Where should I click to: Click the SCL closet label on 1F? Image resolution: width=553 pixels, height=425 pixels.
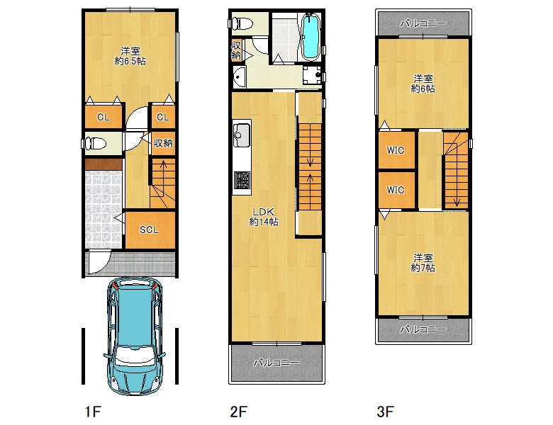pos(149,229)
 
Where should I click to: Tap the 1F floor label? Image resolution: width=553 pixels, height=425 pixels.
pos(93,412)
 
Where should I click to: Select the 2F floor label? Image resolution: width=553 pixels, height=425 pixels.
pos(238,412)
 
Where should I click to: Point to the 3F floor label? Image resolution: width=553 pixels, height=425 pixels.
pos(385,412)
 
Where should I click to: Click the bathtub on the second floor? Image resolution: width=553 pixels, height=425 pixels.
pos(311,37)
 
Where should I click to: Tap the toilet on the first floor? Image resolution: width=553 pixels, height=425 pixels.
pos(94,144)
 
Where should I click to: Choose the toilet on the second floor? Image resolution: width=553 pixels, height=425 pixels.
pos(241,24)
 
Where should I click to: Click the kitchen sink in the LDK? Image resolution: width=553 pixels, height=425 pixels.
pos(242,135)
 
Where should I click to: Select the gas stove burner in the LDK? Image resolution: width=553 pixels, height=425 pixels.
pos(242,180)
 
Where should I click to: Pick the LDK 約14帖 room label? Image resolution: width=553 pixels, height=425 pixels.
pos(264,217)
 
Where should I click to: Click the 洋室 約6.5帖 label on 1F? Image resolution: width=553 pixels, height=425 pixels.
pos(130,56)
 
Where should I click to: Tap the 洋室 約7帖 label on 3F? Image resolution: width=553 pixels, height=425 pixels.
pos(423,263)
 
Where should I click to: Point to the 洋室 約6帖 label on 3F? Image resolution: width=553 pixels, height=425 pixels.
pos(423,84)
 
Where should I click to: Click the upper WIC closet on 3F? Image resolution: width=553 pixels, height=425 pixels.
pos(396,150)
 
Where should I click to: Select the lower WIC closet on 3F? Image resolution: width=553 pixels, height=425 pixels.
pos(396,190)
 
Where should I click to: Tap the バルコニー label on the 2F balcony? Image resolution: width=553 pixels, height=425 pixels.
pos(276,362)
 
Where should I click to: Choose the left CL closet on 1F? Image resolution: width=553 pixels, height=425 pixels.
pos(104,117)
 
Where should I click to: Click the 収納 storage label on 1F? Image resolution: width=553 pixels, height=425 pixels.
pos(163,143)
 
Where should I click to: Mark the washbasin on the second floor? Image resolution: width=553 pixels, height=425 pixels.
pos(240,76)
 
